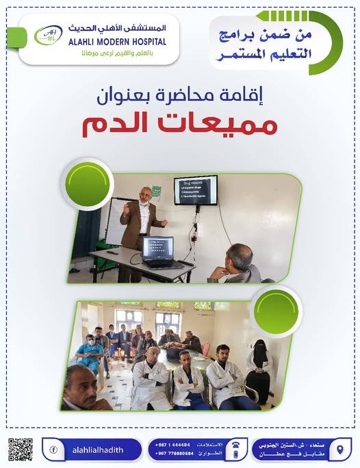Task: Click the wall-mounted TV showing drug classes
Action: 195,190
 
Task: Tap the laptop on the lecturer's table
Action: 158,251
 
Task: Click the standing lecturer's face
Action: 144,196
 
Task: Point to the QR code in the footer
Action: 21,450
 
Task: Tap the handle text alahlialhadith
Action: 94,450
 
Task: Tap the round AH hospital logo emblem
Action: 49,35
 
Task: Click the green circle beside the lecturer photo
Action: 87,183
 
